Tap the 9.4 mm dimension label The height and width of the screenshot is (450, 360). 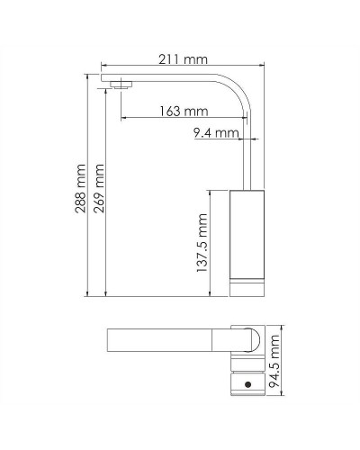pos(216,134)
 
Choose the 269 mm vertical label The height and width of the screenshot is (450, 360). pos(100,185)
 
